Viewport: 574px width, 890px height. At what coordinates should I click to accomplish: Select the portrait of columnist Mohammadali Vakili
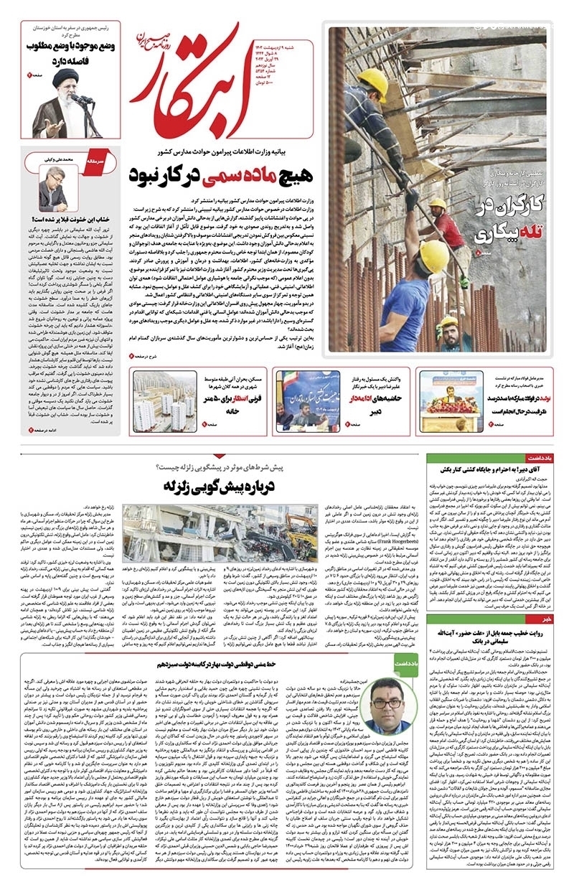point(53,189)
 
